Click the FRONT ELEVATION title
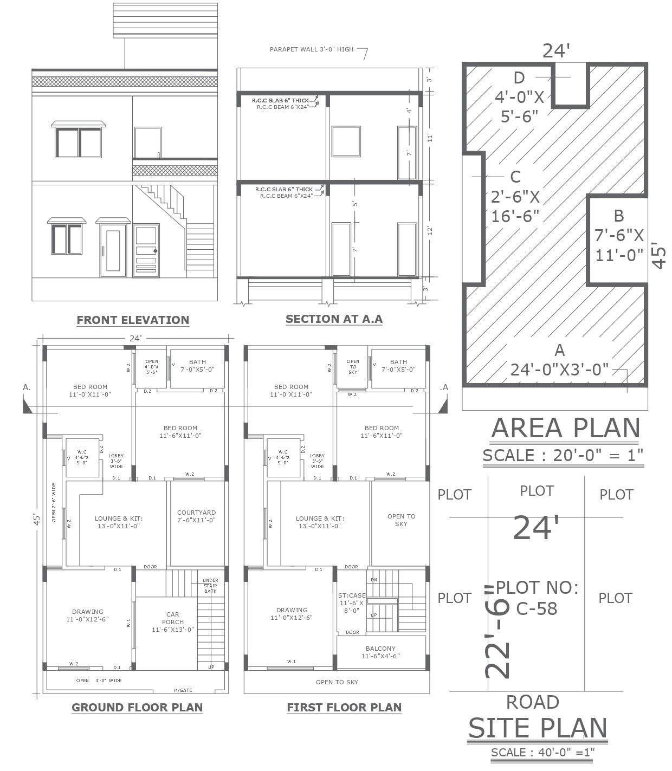(133, 320)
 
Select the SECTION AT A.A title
(334, 319)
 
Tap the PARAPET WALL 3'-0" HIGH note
(312, 49)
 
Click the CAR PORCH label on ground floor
(173, 622)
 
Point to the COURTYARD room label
(196, 516)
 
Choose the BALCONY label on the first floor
(380, 652)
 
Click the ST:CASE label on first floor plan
(352, 602)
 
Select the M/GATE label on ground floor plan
(183, 690)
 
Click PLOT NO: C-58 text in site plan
(537, 598)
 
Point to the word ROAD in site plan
(532, 702)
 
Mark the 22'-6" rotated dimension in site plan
(497, 631)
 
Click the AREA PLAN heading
(565, 428)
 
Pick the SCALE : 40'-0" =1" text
(542, 752)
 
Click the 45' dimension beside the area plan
(658, 255)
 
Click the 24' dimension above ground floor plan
(135, 338)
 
